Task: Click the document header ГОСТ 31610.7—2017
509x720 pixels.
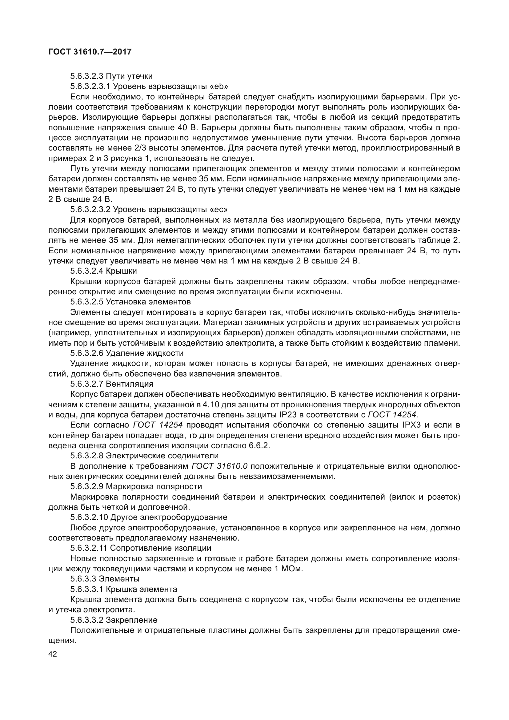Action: tap(90, 52)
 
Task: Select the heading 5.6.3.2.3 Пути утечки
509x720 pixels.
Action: tap(111, 76)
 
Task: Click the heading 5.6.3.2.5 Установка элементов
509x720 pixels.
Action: tap(130, 302)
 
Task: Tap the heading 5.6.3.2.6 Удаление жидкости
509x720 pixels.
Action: tap(126, 353)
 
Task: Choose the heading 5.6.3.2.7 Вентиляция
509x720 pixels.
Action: tap(112, 384)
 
